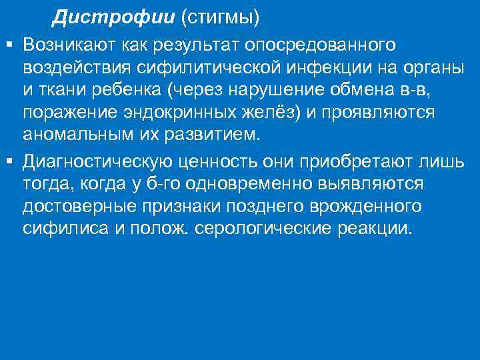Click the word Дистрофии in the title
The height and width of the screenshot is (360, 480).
tap(114, 17)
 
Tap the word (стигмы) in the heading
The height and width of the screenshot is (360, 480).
tap(220, 17)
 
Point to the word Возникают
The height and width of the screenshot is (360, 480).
tap(67, 45)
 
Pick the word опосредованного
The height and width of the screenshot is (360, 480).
tap(320, 45)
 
